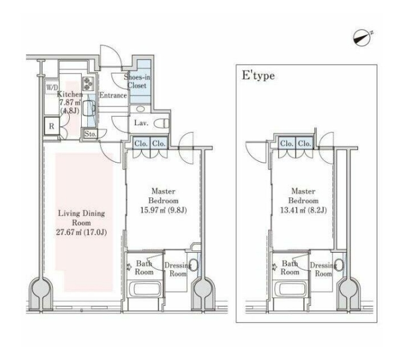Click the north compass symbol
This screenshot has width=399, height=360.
(362, 38)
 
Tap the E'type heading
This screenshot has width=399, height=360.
(258, 76)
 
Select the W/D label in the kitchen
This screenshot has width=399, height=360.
(52, 87)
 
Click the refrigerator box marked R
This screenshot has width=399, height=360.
(52, 126)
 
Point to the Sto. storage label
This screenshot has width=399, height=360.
(90, 134)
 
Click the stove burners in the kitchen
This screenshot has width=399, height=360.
(88, 84)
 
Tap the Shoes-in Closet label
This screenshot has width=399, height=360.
(137, 81)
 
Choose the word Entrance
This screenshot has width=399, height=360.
(113, 95)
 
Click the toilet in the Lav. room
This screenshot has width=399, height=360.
(162, 123)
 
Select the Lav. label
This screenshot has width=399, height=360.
(141, 123)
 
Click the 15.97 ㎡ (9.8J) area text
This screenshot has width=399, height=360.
(164, 210)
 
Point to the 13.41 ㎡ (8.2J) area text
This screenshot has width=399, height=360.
(303, 210)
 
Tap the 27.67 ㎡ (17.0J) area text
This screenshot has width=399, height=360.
(81, 232)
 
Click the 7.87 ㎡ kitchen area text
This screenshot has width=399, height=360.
(70, 102)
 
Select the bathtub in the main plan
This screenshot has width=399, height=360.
(144, 289)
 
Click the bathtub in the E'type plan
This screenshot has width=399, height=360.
(290, 289)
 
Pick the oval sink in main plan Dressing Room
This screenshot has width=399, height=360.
(193, 265)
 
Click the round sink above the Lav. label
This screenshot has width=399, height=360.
(140, 109)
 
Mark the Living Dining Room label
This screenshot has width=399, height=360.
(81, 218)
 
